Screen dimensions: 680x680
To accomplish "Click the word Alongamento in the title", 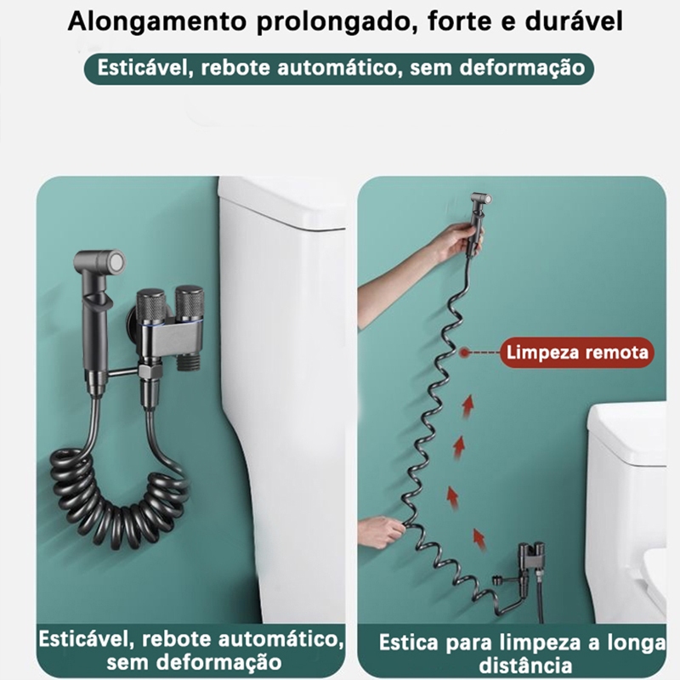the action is [x=156, y=22].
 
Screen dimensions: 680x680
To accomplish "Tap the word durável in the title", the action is [x=574, y=20].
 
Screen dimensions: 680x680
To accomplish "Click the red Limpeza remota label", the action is [x=577, y=352].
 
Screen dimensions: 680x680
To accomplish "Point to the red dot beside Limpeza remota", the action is [x=465, y=352].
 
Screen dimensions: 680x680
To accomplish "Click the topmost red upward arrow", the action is [x=467, y=406].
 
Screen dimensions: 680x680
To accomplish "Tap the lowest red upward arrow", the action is [x=479, y=539].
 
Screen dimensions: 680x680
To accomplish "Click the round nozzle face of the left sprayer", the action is [x=116, y=262].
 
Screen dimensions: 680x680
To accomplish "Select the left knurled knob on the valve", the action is [x=151, y=308].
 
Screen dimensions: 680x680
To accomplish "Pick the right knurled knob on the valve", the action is [x=189, y=303].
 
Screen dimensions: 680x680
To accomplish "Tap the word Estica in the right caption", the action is [x=409, y=643].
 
